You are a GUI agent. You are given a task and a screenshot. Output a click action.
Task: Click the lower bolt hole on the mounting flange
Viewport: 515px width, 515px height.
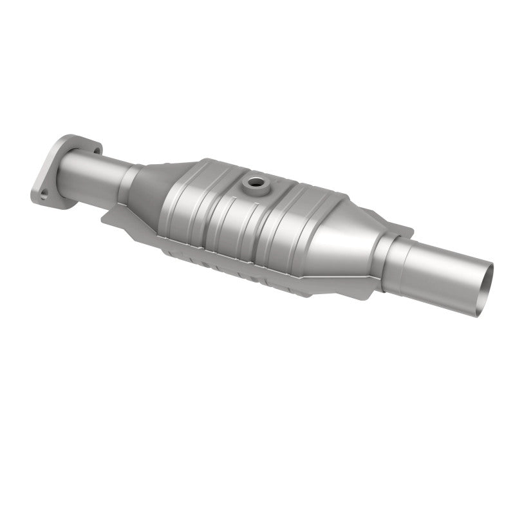point(43,191)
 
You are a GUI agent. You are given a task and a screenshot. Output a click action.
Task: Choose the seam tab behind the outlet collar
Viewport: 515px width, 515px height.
point(402,229)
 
